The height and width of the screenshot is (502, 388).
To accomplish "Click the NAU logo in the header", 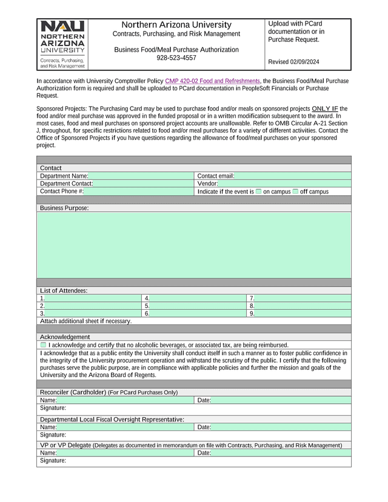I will click(63, 44).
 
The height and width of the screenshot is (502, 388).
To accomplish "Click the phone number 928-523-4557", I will click(176, 58).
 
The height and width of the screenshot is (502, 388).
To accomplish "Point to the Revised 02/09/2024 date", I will click(293, 62).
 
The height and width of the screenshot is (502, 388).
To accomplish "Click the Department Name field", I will click(139, 176).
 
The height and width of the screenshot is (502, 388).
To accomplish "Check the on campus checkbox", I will click(258, 192).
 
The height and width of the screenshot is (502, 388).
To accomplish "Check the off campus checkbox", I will click(295, 192).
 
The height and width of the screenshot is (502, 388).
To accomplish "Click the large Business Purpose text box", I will click(194, 245).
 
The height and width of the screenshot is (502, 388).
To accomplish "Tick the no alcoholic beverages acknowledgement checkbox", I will click(43, 345).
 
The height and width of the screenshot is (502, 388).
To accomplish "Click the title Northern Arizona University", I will click(176, 25).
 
